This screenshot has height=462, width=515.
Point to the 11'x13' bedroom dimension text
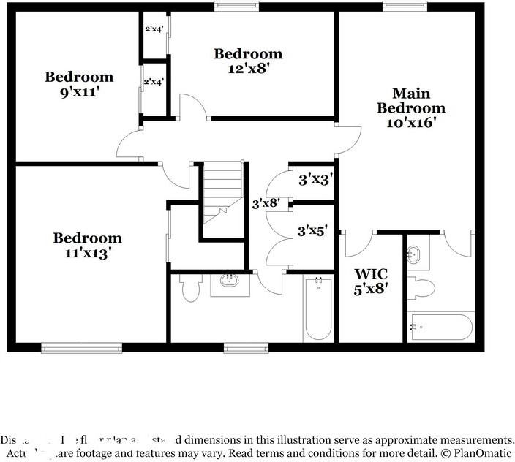(x=87, y=254)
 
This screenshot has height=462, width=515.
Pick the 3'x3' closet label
(x=316, y=178)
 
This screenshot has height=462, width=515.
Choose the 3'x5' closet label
(x=312, y=232)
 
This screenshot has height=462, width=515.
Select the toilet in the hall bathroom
(x=190, y=288)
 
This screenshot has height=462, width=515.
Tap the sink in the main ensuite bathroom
(x=415, y=255)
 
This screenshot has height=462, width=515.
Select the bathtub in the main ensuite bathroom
(x=441, y=327)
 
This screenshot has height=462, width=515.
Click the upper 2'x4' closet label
(x=154, y=30)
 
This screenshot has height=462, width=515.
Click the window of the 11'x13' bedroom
(x=81, y=348)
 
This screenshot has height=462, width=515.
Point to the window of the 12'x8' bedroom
(x=236, y=6)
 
